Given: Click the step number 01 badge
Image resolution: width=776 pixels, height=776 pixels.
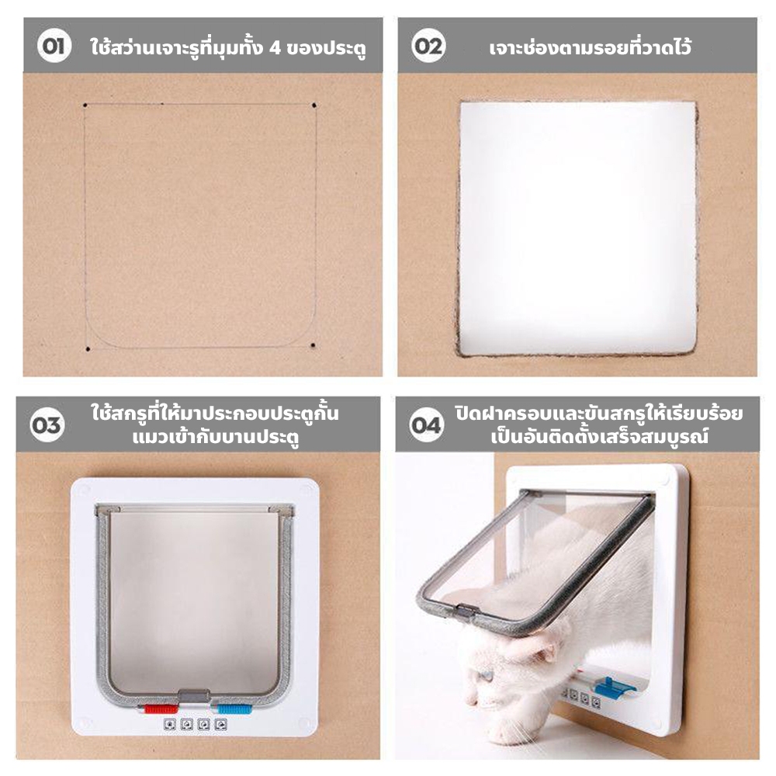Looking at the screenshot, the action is tap(54, 46).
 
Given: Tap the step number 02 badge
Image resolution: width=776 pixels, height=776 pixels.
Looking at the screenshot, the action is tap(428, 46).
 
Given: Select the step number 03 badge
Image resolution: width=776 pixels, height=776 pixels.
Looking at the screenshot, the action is tap(47, 424).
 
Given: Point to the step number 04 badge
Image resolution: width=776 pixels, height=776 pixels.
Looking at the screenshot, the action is tap(426, 424).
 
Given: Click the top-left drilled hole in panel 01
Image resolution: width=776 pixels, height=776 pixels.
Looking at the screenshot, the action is tap(85, 105).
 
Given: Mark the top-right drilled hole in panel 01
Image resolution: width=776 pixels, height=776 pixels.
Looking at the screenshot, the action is tap(314, 105).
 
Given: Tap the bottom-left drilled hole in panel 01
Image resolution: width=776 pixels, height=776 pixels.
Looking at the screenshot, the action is tap(88, 349).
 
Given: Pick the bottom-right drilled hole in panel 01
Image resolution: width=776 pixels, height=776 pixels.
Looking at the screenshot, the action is tap(313, 345).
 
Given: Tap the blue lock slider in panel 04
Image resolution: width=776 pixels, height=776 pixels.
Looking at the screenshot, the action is tap(614, 687).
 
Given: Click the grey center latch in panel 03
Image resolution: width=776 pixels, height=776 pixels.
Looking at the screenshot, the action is tap(193, 696).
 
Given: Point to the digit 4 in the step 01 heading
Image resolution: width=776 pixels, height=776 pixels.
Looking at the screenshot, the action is tap(275, 48).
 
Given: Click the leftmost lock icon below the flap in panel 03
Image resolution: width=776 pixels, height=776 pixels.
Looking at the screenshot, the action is tap(169, 725).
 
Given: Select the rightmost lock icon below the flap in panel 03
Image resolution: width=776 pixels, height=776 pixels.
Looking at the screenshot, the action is tap(220, 725).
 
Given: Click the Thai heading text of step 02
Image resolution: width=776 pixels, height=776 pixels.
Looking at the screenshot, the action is tap(590, 47).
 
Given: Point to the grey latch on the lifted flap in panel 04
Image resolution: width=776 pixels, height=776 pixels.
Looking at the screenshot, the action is tap(465, 611).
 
